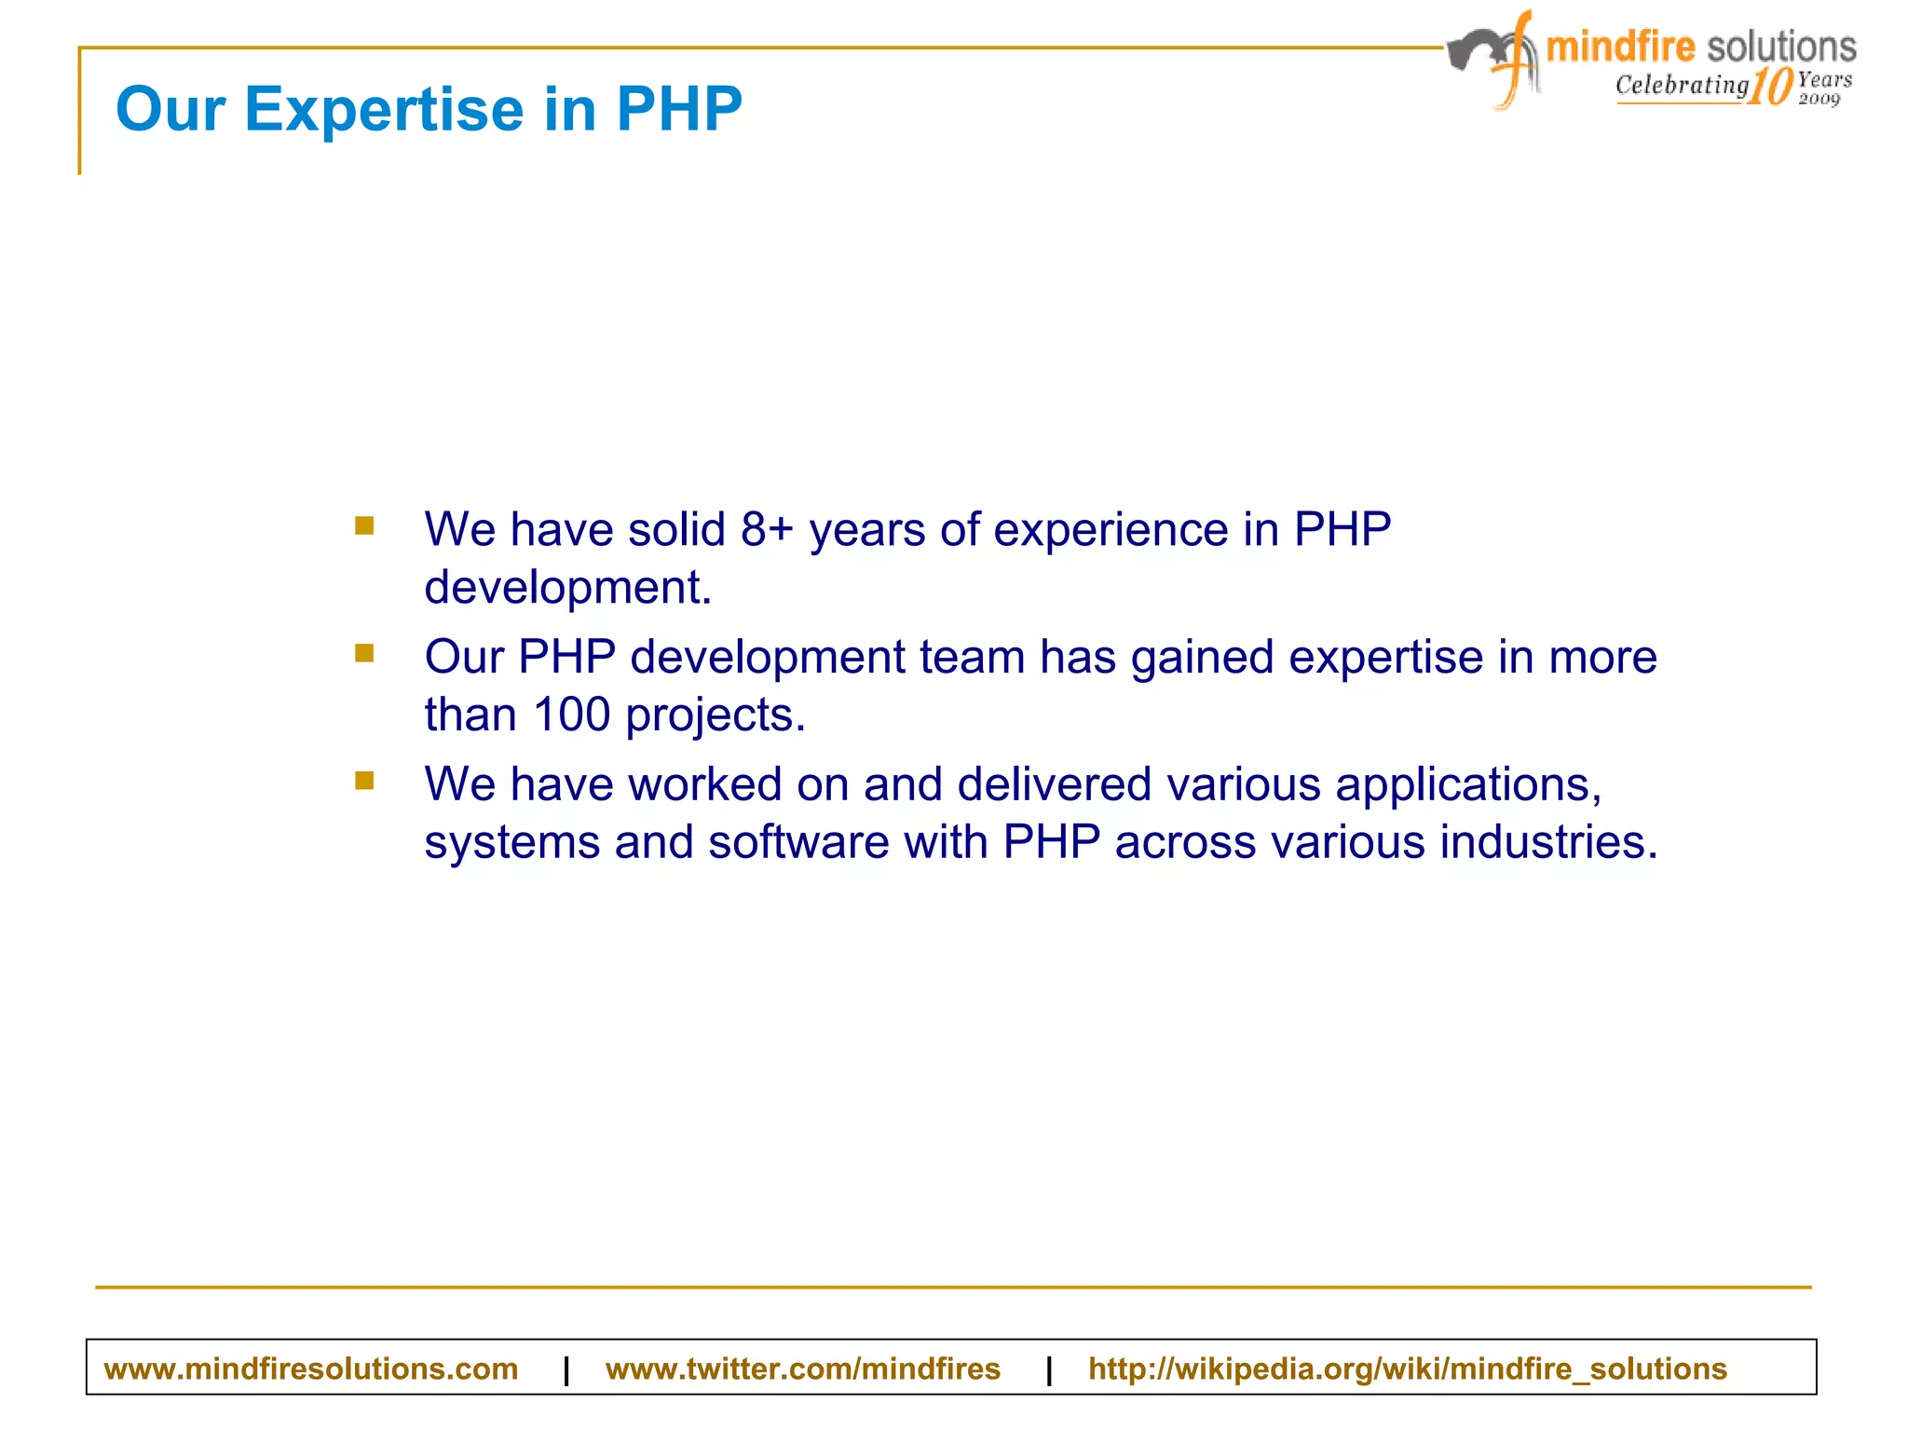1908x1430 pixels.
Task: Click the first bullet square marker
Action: [364, 526]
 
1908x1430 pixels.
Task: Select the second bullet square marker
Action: [364, 653]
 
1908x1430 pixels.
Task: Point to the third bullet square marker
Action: [364, 781]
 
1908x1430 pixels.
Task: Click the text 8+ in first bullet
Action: [767, 529]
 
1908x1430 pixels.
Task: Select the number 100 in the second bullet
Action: [571, 715]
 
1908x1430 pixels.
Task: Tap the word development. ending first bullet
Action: [567, 588]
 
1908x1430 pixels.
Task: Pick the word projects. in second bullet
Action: [715, 716]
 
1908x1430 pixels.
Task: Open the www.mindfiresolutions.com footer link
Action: [310, 1369]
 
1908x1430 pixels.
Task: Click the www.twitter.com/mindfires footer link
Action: [802, 1369]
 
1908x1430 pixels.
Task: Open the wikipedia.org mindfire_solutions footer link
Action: [1407, 1369]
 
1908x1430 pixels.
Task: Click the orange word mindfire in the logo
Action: [1620, 47]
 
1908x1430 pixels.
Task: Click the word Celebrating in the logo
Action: [1682, 85]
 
